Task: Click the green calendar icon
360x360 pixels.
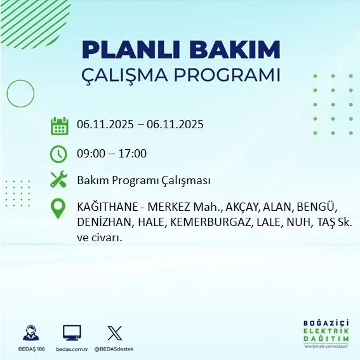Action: pyautogui.click(x=59, y=126)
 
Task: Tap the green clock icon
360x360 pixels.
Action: pyautogui.click(x=59, y=154)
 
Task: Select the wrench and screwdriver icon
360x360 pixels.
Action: pyautogui.click(x=59, y=180)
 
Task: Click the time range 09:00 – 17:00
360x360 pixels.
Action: pyautogui.click(x=112, y=154)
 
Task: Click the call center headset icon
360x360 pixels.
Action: pyautogui.click(x=30, y=333)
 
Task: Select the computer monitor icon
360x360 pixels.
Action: pyautogui.click(x=72, y=333)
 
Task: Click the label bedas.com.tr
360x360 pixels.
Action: pyautogui.click(x=71, y=349)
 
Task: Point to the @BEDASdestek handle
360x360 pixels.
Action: pyautogui.click(x=115, y=349)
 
